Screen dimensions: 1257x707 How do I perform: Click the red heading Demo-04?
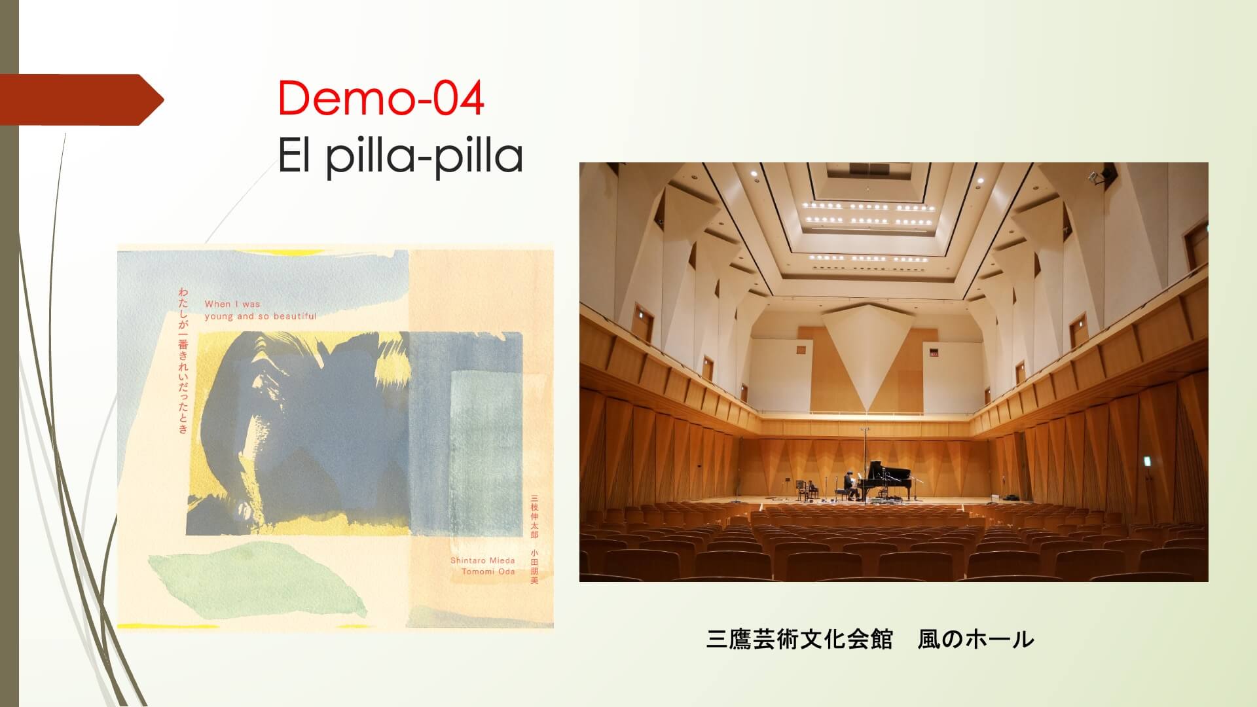(381, 98)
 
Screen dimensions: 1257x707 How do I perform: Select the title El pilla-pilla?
(400, 156)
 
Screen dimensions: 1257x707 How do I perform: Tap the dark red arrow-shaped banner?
(82, 100)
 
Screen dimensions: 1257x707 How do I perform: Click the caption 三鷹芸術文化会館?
(799, 640)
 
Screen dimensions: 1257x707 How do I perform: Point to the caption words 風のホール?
(975, 640)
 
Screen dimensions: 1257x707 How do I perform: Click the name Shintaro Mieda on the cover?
(483, 560)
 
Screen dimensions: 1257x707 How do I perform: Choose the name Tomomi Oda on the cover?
(488, 571)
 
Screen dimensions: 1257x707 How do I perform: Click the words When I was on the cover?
(232, 304)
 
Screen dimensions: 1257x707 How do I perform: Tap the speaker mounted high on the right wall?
(1106, 173)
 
